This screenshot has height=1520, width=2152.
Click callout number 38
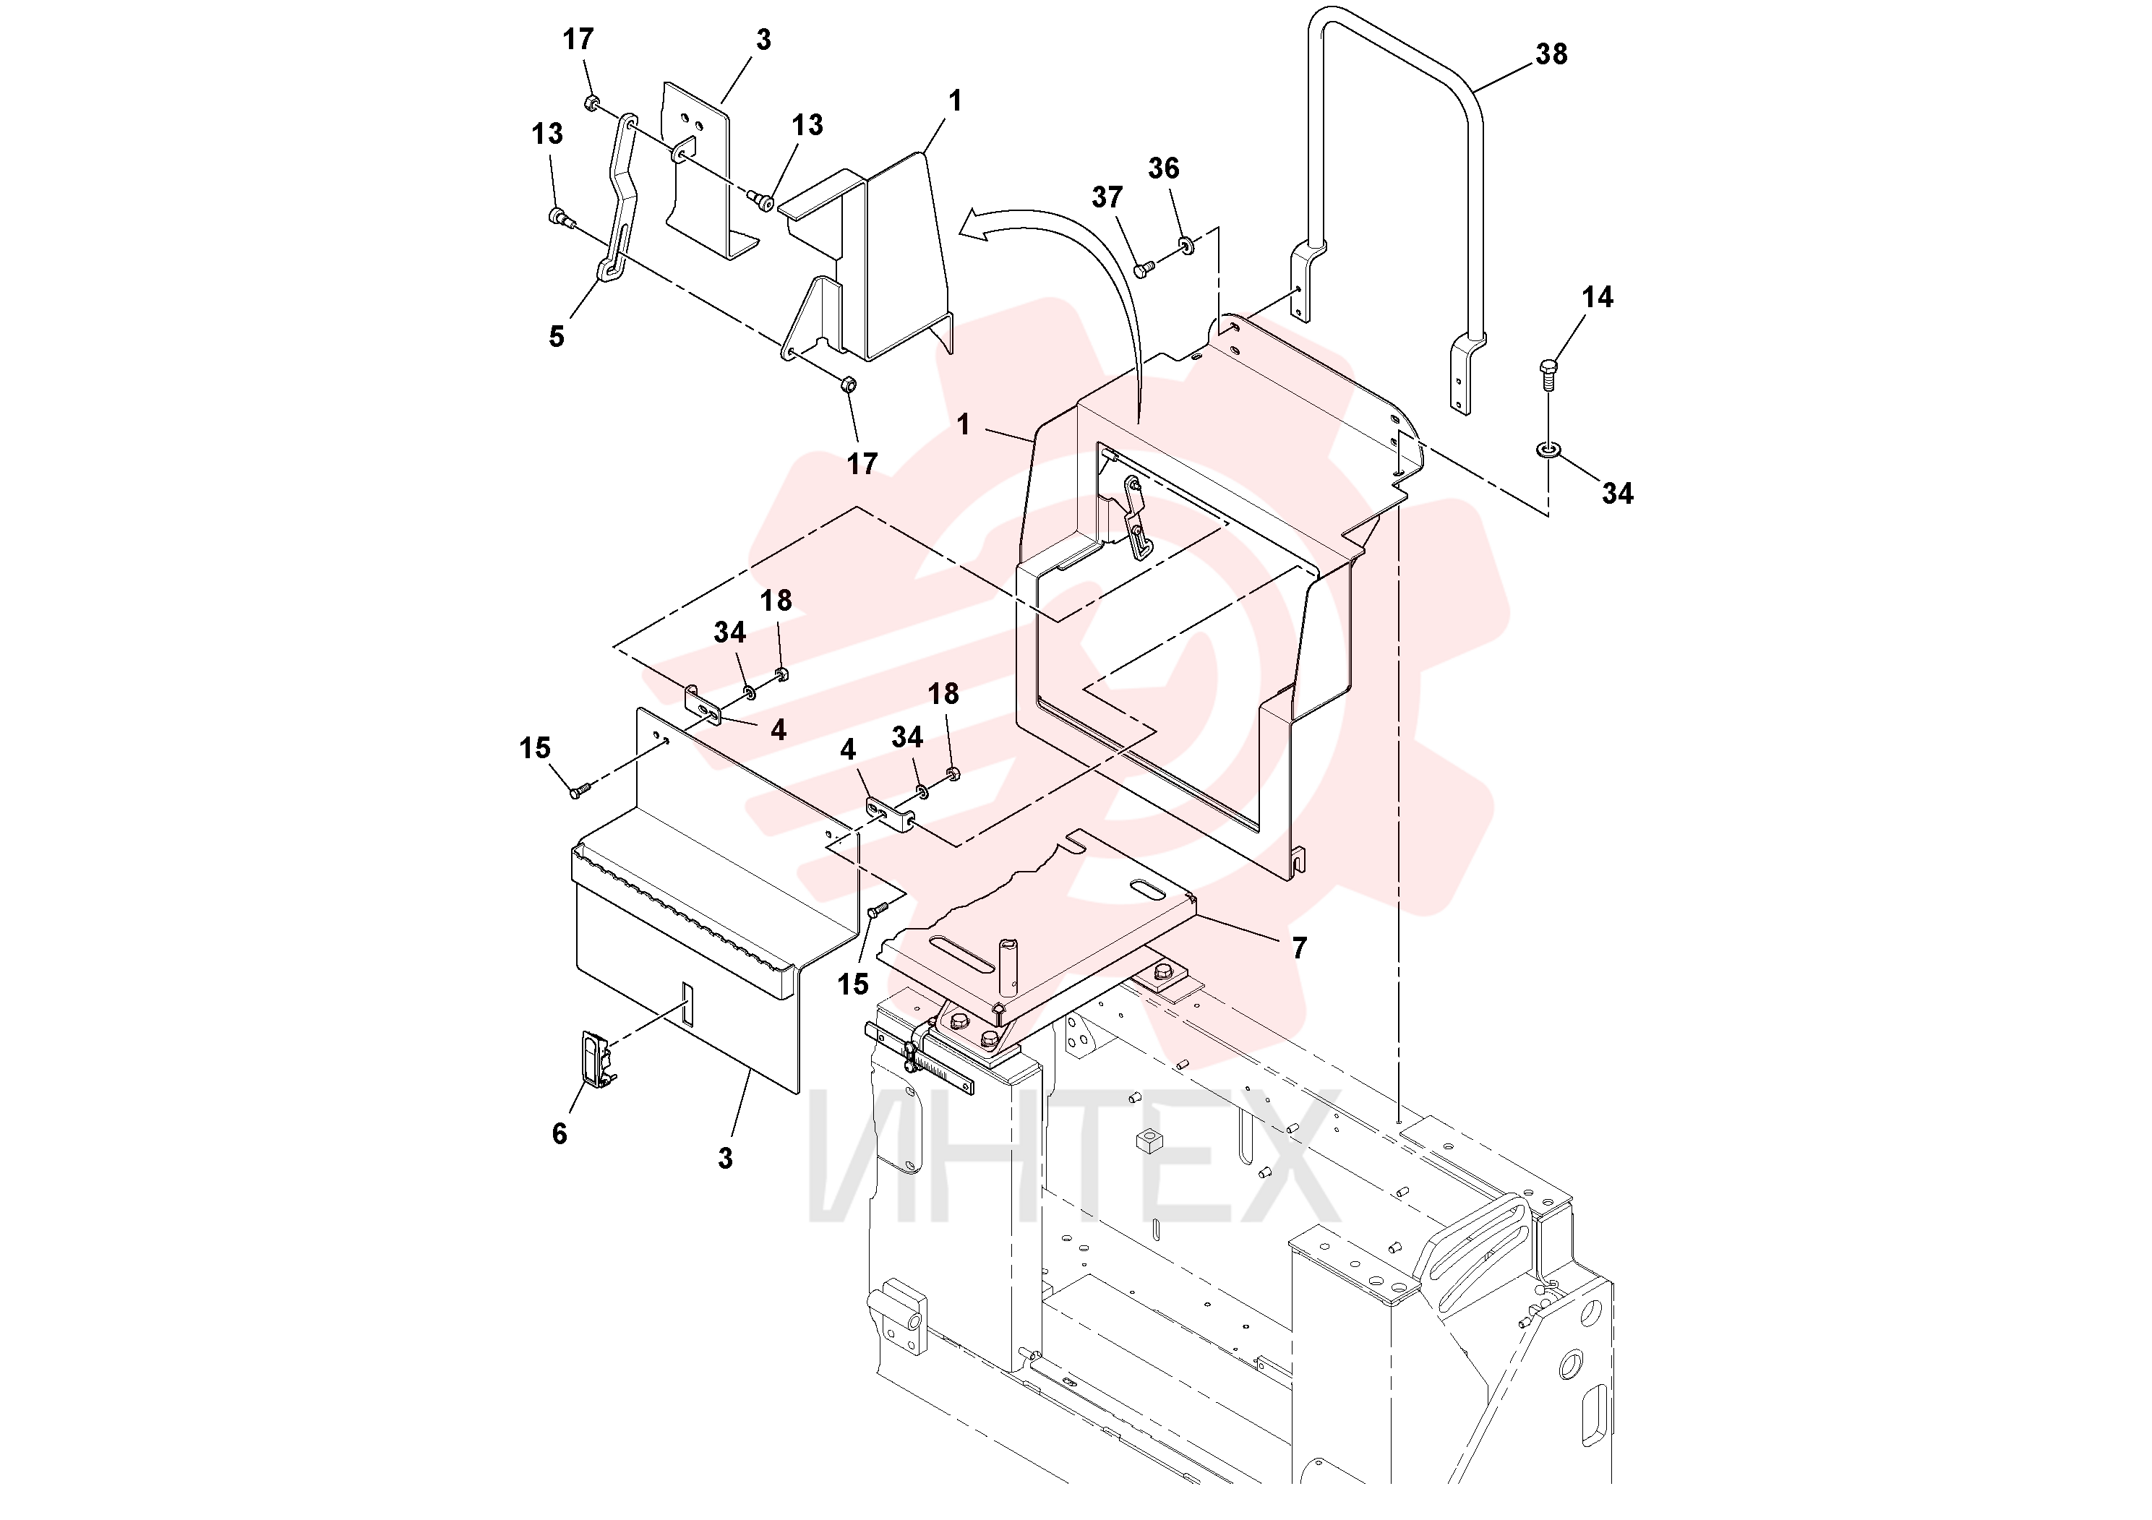(x=1551, y=54)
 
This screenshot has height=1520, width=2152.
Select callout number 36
(x=1163, y=168)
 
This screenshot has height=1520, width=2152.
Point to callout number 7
(x=1299, y=948)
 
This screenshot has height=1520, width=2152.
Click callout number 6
(x=560, y=1134)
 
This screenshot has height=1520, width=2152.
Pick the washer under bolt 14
(x=1548, y=451)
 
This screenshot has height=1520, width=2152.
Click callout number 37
(x=1107, y=198)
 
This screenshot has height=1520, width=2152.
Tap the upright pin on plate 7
(x=1009, y=967)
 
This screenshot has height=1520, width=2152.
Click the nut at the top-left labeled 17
(x=592, y=101)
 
